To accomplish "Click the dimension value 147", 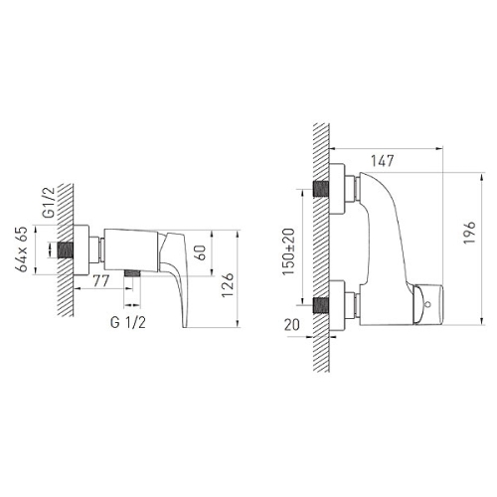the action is tap(382, 161).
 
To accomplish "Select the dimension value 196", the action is tap(469, 233).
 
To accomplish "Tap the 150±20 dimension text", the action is tap(288, 251).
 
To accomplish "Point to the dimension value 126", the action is tap(228, 285).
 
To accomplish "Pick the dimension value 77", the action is tap(100, 281).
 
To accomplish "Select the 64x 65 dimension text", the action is tap(23, 249).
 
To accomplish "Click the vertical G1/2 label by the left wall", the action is tap(49, 202).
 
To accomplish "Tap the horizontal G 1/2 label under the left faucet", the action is tap(128, 322).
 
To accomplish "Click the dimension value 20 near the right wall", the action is tap(292, 325).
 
